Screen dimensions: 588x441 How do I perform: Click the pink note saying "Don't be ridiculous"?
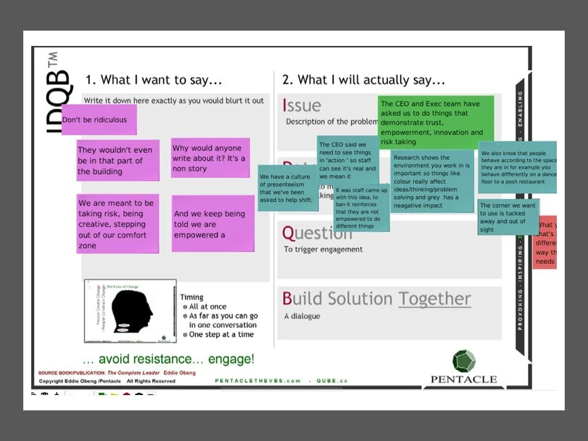pyautogui.click(x=99, y=119)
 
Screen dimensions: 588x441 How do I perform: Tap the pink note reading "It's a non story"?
pyautogui.click(x=210, y=158)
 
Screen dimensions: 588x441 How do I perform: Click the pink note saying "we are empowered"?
pyautogui.click(x=213, y=224)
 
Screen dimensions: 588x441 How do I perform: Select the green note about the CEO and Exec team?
pyautogui.click(x=435, y=123)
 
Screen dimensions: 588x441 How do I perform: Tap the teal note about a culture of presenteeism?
pyautogui.click(x=286, y=188)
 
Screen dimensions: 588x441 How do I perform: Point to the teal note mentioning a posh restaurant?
pyautogui.click(x=518, y=167)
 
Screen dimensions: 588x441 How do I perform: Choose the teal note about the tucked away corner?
pyautogui.click(x=508, y=217)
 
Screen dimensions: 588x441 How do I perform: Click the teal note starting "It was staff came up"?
pyautogui.click(x=361, y=208)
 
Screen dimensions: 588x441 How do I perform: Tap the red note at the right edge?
pyautogui.click(x=546, y=243)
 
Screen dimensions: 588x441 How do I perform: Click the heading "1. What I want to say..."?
pyautogui.click(x=153, y=80)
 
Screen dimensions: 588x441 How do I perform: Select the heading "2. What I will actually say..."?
pyautogui.click(x=363, y=80)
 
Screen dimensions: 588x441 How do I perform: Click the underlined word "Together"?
pyautogui.click(x=434, y=299)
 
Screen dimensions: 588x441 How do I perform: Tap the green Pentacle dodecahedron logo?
pyautogui.click(x=464, y=361)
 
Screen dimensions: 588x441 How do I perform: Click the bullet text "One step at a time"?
pyautogui.click(x=221, y=334)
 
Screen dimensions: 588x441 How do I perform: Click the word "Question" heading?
pyautogui.click(x=317, y=233)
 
